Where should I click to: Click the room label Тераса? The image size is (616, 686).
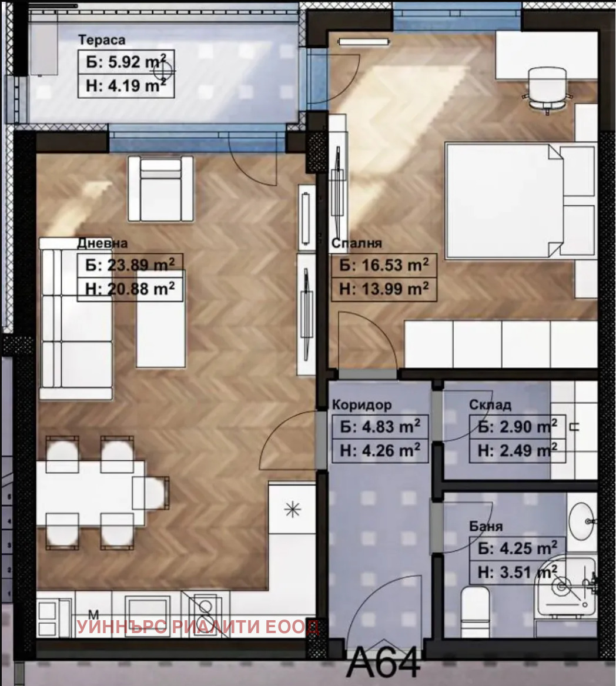click(x=102, y=40)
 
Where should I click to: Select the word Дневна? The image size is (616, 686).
click(x=102, y=243)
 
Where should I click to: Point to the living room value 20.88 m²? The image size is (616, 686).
click(x=130, y=289)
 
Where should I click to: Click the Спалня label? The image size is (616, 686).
click(x=357, y=243)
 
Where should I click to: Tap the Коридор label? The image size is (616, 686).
click(x=362, y=404)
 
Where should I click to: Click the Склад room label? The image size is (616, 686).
click(x=490, y=405)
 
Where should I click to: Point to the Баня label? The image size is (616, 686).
click(x=486, y=526)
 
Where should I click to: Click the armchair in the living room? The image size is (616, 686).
click(x=160, y=189)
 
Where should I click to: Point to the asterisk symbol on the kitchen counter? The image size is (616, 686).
click(x=292, y=509)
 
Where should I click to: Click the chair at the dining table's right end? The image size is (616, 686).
click(x=150, y=493)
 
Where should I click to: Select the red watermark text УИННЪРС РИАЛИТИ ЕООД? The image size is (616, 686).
click(x=198, y=627)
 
